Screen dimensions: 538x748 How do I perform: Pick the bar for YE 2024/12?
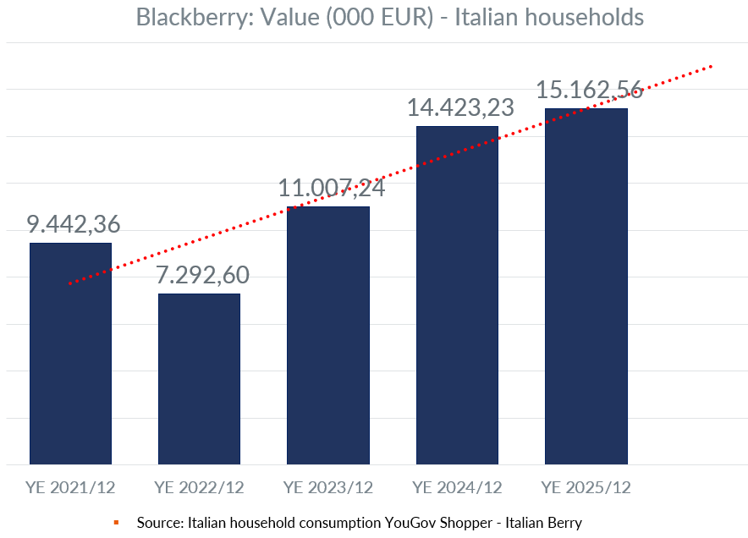coord(457,295)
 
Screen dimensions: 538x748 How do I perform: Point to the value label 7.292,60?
coord(202,275)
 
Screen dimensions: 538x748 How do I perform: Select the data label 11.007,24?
coord(332,188)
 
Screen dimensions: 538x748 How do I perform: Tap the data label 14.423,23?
coord(461,108)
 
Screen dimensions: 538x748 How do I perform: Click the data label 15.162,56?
coord(590,90)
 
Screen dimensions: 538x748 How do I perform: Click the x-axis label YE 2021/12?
coord(71,487)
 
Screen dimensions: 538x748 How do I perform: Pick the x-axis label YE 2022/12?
coord(200,487)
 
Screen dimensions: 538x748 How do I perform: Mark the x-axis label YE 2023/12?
coord(328,487)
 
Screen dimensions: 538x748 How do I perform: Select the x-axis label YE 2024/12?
coord(457,487)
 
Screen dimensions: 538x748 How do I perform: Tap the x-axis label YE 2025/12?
coord(586,487)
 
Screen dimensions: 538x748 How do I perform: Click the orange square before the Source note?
coord(117,522)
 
